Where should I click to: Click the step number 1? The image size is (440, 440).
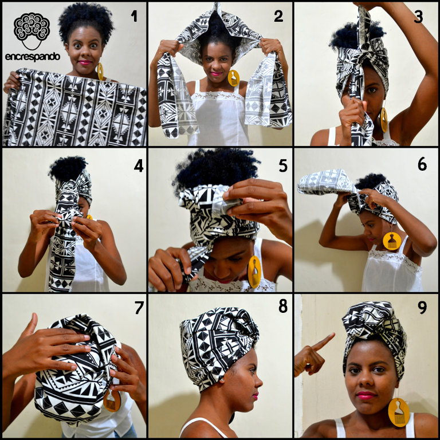tap(134, 15)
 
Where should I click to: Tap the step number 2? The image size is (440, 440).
tap(278, 15)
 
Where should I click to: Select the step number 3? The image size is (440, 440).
tap(418, 16)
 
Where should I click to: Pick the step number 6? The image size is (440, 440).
tap(422, 164)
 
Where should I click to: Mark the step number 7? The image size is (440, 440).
tap(138, 307)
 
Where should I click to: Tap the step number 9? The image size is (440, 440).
tap(422, 308)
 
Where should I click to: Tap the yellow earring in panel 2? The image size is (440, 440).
tap(233, 78)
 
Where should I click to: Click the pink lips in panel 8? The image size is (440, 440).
tap(255, 396)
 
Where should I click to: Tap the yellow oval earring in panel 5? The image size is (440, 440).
tap(254, 272)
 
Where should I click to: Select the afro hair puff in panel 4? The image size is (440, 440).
tap(68, 168)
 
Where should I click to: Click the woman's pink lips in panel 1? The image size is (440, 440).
tap(85, 63)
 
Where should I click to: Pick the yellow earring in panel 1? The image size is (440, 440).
tap(100, 71)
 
